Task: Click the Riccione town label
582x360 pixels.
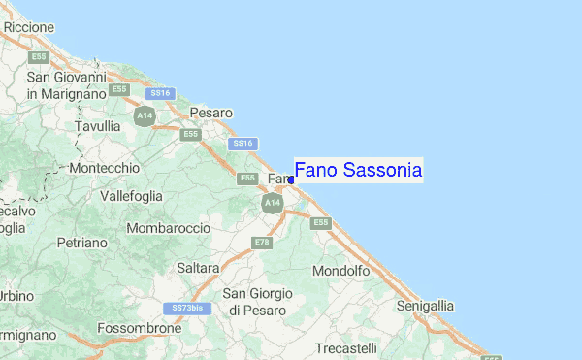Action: pos(29,27)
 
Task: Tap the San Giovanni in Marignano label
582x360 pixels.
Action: pos(66,85)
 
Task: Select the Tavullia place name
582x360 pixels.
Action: pos(98,126)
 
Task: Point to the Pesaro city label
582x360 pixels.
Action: pos(211,113)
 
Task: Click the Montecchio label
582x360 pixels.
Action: pos(106,168)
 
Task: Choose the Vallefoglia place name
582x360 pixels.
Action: pos(132,196)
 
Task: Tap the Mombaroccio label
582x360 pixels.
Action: pos(169,227)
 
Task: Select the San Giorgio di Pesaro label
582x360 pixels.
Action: pos(257,301)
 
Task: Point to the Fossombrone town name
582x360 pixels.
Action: pos(140,328)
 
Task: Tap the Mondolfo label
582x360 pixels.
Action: pos(341,271)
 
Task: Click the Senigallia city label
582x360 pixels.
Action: pos(425,306)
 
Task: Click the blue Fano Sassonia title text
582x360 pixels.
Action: pos(358,171)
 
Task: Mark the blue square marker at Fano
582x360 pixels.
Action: pos(291,180)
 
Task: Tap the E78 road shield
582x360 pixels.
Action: pos(261,242)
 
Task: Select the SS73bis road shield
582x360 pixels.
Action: pos(185,308)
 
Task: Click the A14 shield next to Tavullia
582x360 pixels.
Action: pos(145,116)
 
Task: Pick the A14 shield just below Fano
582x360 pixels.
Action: pos(272,203)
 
